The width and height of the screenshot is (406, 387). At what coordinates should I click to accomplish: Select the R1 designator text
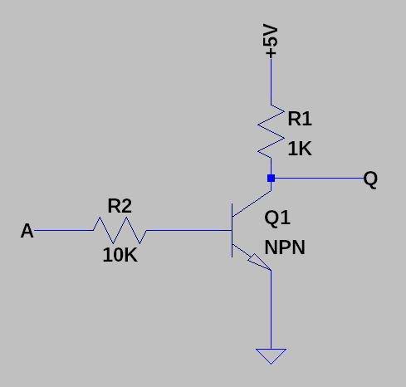[300, 119]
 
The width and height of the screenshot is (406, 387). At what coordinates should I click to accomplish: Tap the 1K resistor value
[300, 149]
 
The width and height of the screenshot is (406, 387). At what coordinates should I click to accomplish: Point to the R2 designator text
[120, 205]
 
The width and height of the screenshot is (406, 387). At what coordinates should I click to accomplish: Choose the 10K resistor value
[120, 255]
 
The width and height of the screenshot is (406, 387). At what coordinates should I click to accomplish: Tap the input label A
[27, 231]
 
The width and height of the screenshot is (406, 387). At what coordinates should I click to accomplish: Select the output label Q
[370, 179]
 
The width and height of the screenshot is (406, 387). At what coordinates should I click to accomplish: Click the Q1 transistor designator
[277, 218]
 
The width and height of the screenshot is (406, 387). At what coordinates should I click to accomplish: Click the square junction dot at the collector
[271, 179]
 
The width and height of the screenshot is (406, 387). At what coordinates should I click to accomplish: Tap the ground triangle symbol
[271, 355]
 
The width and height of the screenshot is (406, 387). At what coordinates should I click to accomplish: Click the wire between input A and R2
[66, 231]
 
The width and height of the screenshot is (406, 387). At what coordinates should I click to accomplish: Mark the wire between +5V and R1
[271, 83]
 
